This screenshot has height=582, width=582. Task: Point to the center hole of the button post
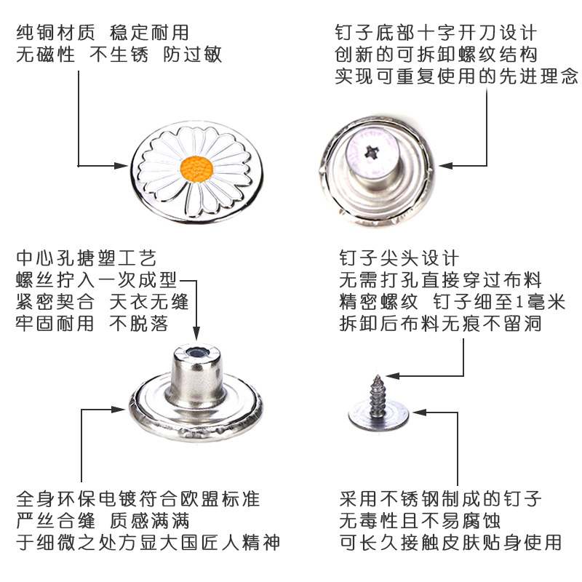click(196, 354)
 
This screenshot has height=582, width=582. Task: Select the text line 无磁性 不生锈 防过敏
click(119, 55)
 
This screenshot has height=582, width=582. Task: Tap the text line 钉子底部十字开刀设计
click(436, 33)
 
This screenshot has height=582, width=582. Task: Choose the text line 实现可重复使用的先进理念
click(456, 76)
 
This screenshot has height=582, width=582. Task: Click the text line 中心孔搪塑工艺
click(86, 258)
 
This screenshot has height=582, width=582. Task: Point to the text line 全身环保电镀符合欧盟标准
click(137, 500)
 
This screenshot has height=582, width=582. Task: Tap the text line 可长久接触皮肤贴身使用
click(450, 543)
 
